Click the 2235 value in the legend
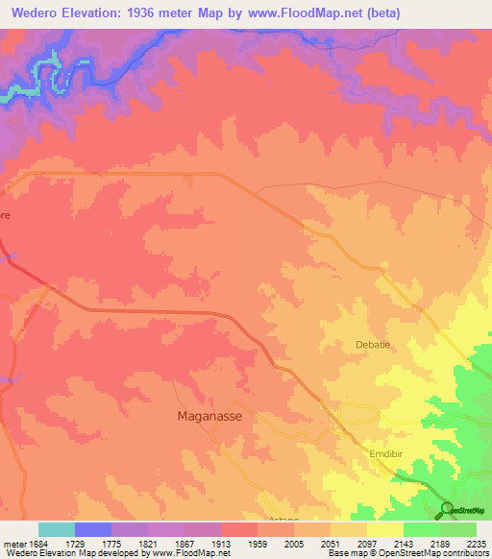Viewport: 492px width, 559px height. (476, 544)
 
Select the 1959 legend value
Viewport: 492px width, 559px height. (257, 544)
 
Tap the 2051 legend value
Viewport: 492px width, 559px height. (330, 544)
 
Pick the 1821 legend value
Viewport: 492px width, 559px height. (147, 544)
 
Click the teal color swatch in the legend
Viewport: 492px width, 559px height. (56, 529)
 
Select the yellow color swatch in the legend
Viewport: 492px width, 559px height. (384, 529)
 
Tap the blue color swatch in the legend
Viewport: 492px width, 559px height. (92, 529)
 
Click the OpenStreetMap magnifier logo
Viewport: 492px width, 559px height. (447, 509)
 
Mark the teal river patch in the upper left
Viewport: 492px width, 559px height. (43, 72)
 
